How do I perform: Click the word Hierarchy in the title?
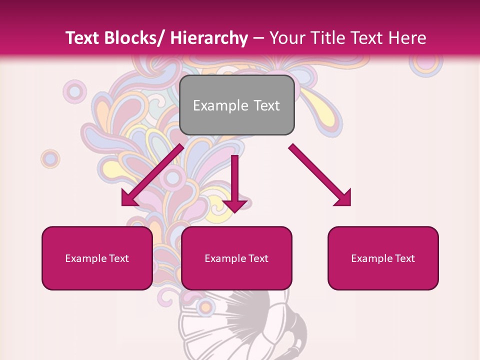point(209,38)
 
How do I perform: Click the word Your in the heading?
point(287,38)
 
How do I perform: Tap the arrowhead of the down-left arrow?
point(128,198)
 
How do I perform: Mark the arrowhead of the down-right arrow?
point(344,198)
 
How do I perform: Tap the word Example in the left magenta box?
point(85,258)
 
